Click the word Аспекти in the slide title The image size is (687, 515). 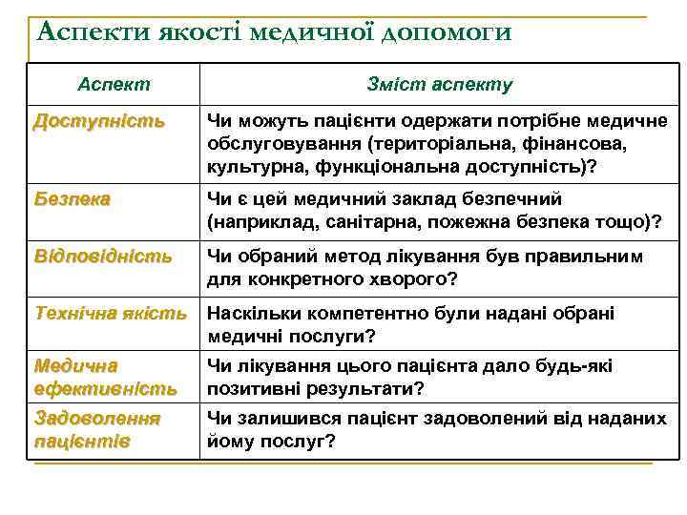[85, 32]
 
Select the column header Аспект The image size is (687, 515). [114, 84]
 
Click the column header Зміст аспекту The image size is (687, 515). [439, 84]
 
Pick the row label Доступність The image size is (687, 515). [98, 122]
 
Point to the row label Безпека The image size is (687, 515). [72, 199]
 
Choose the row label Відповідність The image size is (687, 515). [102, 257]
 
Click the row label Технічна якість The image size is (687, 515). [110, 314]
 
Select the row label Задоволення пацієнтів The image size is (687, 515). [96, 429]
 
